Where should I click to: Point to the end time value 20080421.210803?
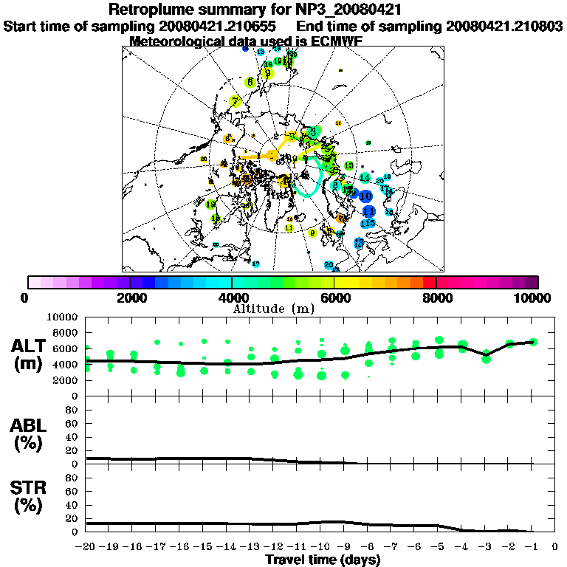[505, 26]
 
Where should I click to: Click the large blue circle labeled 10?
[365, 196]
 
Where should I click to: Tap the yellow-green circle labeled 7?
[235, 102]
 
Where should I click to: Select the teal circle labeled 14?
[365, 178]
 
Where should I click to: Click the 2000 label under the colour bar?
[129, 298]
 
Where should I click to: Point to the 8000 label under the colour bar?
[436, 298]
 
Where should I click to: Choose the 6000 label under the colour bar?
[334, 298]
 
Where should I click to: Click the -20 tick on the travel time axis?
[86, 547]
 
